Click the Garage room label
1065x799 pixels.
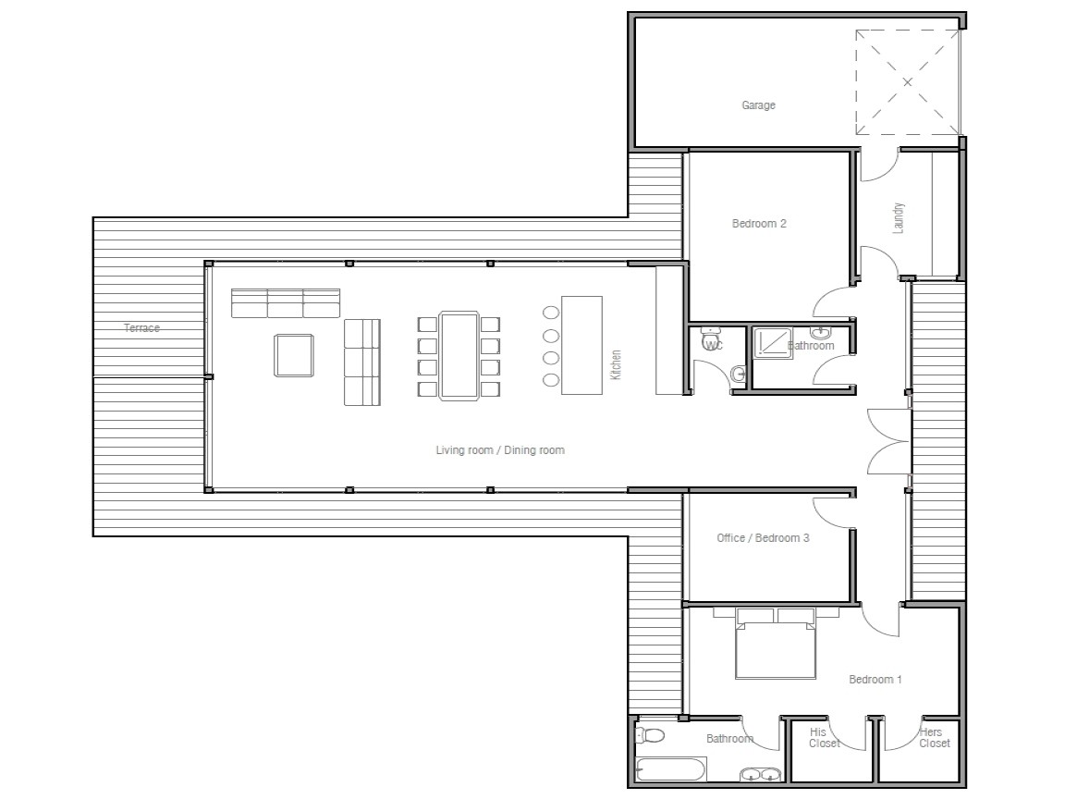(758, 105)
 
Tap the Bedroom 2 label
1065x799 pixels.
(759, 223)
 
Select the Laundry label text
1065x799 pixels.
(899, 218)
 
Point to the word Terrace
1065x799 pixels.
(142, 328)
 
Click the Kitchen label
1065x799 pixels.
(616, 364)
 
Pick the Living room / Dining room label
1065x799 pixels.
(500, 450)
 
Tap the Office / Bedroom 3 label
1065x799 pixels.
(763, 538)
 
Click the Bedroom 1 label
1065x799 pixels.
(875, 680)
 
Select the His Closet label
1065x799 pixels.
(823, 737)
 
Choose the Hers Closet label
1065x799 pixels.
(933, 737)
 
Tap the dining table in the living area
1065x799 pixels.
(459, 356)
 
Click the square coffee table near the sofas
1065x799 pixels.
(294, 355)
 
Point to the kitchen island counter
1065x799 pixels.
(581, 344)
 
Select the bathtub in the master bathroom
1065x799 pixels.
(671, 769)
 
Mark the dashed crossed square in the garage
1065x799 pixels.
(907, 82)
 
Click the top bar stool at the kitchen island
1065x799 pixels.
(551, 313)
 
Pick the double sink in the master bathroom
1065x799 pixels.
(760, 775)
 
